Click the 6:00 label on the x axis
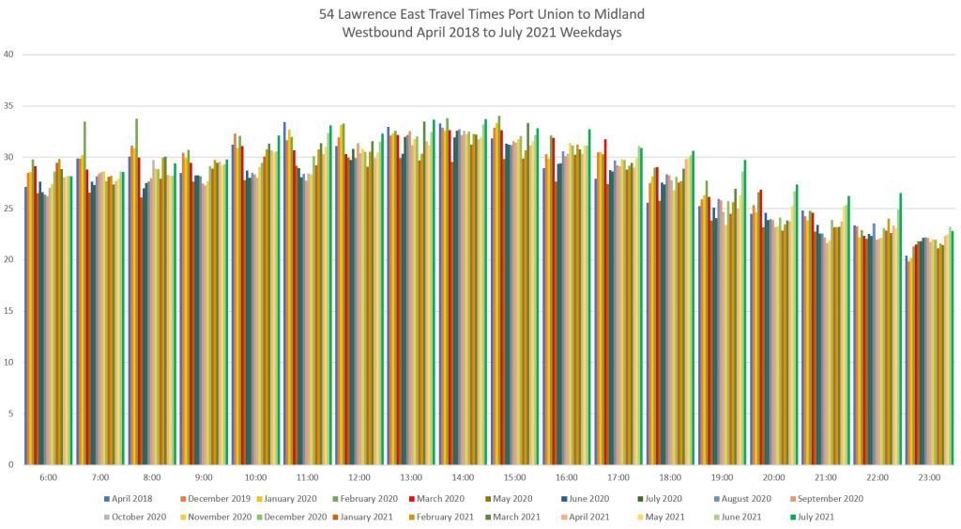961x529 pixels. [x=49, y=477]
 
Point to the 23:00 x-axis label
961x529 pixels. [x=928, y=477]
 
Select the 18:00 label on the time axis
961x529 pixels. [x=669, y=477]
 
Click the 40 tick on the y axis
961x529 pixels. [x=9, y=54]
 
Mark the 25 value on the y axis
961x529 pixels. [x=9, y=209]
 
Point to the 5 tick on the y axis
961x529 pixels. [x=11, y=413]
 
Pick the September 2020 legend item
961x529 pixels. [x=830, y=499]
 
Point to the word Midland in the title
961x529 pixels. [x=619, y=14]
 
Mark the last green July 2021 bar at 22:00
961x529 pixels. [x=900, y=329]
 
